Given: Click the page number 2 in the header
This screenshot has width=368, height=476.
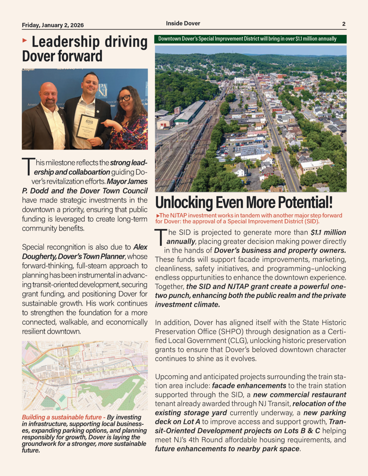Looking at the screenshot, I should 344,24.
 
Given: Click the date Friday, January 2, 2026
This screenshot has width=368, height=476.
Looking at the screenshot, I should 53,25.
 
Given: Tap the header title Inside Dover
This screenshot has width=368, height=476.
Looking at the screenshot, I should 183,23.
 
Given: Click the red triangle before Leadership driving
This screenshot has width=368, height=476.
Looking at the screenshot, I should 25,40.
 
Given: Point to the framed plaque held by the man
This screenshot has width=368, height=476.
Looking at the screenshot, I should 87,127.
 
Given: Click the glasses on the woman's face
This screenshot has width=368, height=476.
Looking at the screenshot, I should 124,98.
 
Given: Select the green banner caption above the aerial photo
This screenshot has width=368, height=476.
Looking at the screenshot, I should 250,39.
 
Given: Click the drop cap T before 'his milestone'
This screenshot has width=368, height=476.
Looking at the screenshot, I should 27,166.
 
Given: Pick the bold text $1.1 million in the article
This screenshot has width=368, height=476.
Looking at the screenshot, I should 328,233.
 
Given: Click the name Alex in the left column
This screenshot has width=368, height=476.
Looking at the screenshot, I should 141,247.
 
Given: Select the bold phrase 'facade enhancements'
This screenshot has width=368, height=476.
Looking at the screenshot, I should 249,386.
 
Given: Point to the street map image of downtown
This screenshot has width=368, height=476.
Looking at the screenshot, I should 85,375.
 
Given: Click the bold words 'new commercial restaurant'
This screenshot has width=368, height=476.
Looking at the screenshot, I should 300,395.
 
